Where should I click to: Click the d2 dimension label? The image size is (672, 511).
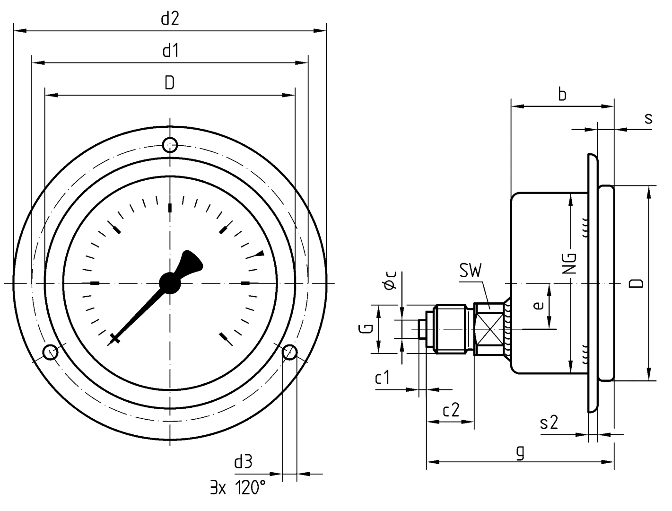click(170, 19)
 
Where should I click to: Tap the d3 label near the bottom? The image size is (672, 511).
click(244, 461)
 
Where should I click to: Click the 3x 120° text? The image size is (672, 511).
click(238, 487)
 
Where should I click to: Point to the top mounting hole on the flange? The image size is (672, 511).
click(170, 144)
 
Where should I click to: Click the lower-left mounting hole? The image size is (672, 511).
click(50, 352)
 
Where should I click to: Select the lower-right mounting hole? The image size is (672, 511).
click(289, 352)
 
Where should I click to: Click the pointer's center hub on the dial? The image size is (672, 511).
click(170, 282)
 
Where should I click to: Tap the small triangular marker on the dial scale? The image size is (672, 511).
click(259, 254)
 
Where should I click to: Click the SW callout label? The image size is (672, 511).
click(470, 271)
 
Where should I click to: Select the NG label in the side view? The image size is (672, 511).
click(571, 264)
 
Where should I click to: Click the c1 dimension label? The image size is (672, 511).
click(382, 378)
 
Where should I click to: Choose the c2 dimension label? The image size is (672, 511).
click(451, 410)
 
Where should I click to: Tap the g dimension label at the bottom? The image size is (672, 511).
click(520, 452)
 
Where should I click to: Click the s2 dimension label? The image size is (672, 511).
click(549, 423)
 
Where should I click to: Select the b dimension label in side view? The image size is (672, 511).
click(562, 95)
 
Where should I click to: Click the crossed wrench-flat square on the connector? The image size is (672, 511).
click(489, 328)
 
